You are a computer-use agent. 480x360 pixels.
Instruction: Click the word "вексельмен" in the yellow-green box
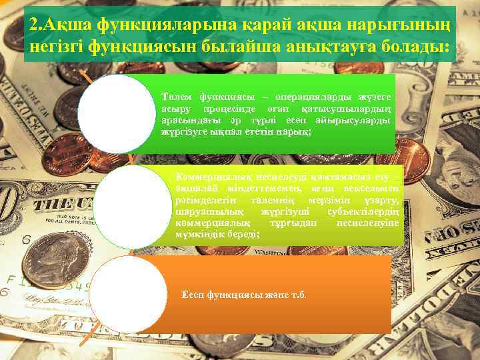(x=371, y=190)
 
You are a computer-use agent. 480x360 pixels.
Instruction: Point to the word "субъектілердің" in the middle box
(x=363, y=212)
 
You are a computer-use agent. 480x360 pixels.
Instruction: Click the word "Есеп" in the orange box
(x=194, y=294)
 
